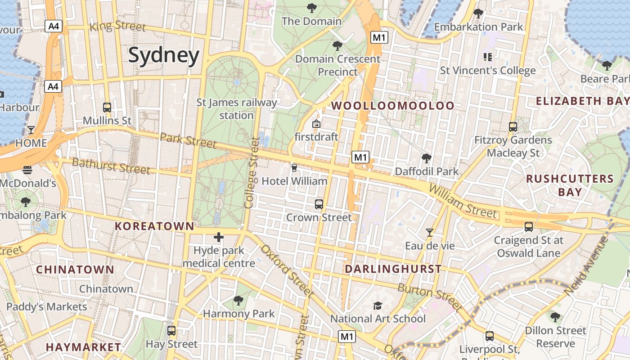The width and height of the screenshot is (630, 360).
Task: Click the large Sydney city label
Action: pyautogui.click(x=164, y=55)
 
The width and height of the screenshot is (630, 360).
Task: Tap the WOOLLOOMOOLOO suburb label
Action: pyautogui.click(x=393, y=106)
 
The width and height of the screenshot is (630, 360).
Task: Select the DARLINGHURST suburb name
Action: pyautogui.click(x=393, y=269)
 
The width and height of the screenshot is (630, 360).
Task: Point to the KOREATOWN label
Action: pyautogui.click(x=154, y=226)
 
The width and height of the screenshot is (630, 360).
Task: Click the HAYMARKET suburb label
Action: pyautogui.click(x=83, y=347)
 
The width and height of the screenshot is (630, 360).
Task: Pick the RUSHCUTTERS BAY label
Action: pyautogui.click(x=570, y=185)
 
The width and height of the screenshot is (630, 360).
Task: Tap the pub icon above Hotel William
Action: pyautogui.click(x=294, y=168)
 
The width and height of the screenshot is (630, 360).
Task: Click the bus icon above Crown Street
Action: pyautogui.click(x=319, y=204)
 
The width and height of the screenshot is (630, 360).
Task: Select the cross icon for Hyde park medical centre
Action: pyautogui.click(x=219, y=237)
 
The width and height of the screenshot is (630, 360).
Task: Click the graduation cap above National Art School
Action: pyautogui.click(x=378, y=306)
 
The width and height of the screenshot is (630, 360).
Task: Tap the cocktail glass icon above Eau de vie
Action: pyautogui.click(x=430, y=233)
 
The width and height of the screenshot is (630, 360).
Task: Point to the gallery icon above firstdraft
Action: pyautogui.click(x=316, y=123)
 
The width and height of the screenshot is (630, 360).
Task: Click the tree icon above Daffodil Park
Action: pyautogui.click(x=426, y=158)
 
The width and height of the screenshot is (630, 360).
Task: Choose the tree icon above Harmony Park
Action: pyautogui.click(x=238, y=300)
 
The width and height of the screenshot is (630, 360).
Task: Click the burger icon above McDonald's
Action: pyautogui.click(x=27, y=170)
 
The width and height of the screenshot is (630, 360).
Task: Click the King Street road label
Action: pyautogui.click(x=118, y=26)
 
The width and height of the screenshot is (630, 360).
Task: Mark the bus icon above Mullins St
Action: pyautogui.click(x=107, y=108)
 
